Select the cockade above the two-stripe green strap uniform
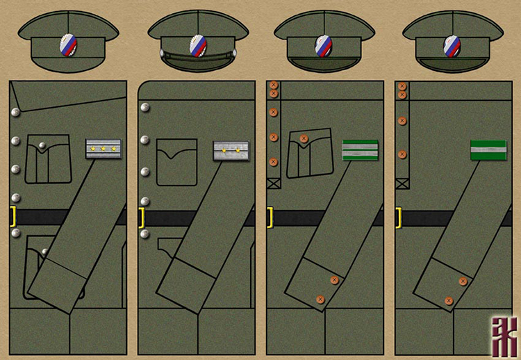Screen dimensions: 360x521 [324, 46]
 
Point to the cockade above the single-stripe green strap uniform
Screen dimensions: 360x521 [452, 46]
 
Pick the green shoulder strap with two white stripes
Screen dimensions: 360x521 [360, 149]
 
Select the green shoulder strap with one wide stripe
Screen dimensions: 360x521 [488, 149]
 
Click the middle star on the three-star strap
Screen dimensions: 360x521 [103, 149]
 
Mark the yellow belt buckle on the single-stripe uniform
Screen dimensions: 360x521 [399, 218]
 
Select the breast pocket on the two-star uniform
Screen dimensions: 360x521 [176, 163]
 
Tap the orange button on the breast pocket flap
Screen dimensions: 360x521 [304, 139]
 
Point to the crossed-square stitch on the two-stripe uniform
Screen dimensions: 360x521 [273, 184]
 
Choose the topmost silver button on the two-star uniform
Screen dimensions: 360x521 [145, 108]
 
